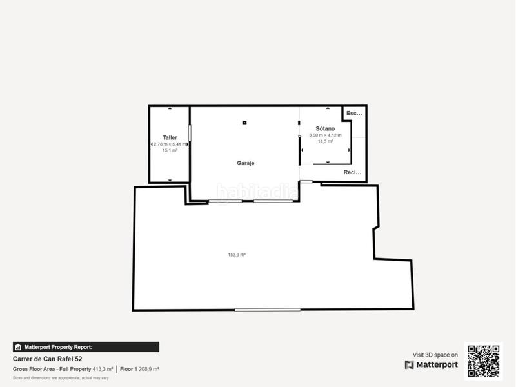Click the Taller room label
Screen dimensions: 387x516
(x=170, y=137)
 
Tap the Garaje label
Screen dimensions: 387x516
(x=245, y=163)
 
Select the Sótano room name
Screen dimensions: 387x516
(x=325, y=128)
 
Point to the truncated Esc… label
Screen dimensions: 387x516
(x=354, y=114)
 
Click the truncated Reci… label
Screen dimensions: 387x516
(x=353, y=172)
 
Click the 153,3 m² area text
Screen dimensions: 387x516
(x=237, y=255)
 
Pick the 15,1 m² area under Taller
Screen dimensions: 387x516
(x=170, y=150)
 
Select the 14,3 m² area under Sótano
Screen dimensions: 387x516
(x=325, y=141)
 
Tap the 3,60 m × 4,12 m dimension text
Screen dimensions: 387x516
(x=325, y=135)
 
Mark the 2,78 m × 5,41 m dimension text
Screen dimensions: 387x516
(x=170, y=144)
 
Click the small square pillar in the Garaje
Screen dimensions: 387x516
(x=244, y=123)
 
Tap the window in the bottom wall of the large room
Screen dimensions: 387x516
(x=267, y=310)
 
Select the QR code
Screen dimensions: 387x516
(x=484, y=361)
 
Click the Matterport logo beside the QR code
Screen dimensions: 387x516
(x=432, y=365)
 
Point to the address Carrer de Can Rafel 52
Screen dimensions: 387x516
(x=48, y=359)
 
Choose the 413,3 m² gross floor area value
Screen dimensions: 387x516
(x=103, y=369)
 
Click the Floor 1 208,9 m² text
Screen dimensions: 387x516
(x=139, y=369)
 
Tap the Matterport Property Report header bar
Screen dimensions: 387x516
(x=86, y=347)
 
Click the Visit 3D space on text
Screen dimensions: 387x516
(x=435, y=355)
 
